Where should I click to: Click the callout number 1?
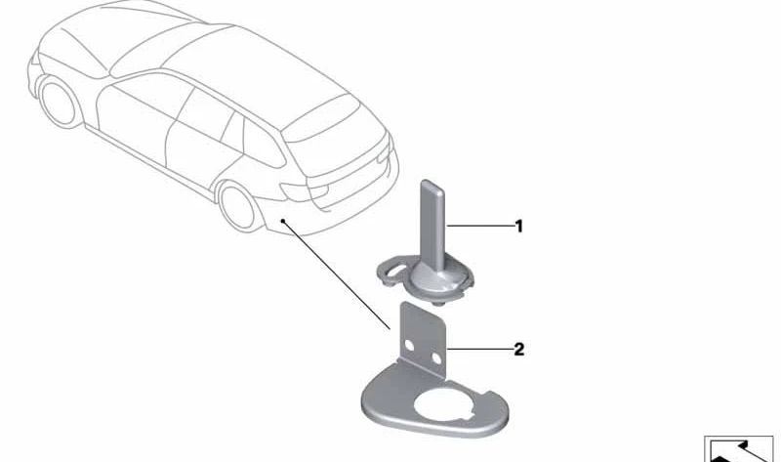(x=519, y=227)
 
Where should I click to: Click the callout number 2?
(x=519, y=350)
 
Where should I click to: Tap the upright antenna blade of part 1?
(x=432, y=220)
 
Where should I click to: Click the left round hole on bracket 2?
(x=409, y=345)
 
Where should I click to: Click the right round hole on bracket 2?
(x=436, y=358)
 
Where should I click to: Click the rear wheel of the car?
(x=238, y=206)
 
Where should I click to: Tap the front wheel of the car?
(x=60, y=103)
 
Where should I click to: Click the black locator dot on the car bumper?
(x=283, y=220)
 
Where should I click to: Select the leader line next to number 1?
(x=480, y=227)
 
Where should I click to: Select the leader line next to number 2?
(x=480, y=350)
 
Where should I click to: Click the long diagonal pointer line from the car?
(x=337, y=274)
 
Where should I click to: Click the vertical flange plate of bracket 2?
(x=423, y=340)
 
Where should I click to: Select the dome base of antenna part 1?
(x=432, y=278)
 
